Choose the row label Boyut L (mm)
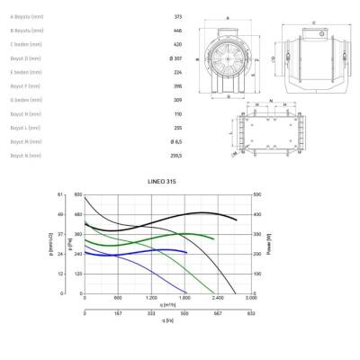tap(24, 128)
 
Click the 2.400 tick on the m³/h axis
tap(217, 298)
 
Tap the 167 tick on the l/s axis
tap(117, 314)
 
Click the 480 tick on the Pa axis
tap(78, 215)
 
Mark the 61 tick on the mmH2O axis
tap(61, 195)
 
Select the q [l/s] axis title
tap(167, 319)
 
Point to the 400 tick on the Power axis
tap(258, 215)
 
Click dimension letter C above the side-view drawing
tap(312, 22)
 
